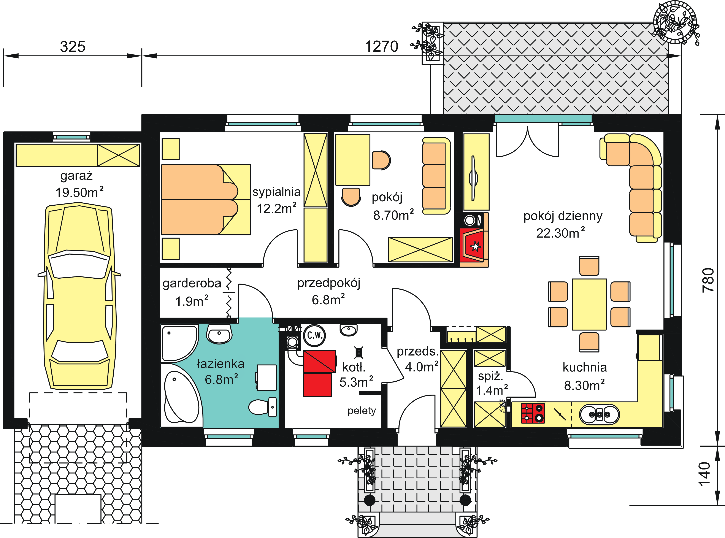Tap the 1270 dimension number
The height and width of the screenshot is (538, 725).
click(381, 47)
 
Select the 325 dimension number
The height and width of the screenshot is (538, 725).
click(73, 47)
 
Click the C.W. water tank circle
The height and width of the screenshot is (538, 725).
click(315, 335)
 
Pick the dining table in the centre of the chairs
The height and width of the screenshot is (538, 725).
click(589, 304)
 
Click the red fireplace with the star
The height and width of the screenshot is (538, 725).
click(474, 244)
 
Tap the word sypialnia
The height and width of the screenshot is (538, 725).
click(276, 192)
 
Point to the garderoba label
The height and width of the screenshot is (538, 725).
click(192, 283)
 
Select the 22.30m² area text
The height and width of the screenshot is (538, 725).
click(560, 233)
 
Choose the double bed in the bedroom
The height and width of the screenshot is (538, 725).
click(206, 200)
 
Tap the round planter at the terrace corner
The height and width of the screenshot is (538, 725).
click(675, 22)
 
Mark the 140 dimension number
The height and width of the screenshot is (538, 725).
click(704, 474)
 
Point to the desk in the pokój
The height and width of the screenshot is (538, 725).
click(353, 160)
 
